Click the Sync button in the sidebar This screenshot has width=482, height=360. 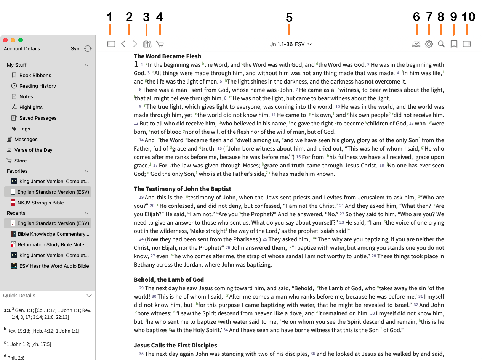tap(81, 48)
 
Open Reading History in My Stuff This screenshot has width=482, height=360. tap(37, 86)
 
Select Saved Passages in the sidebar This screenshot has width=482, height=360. tap(38, 118)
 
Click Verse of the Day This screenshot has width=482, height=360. tap(33, 150)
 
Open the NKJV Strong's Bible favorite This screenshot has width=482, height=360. tap(40, 202)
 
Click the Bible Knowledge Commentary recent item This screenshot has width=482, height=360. tap(53, 234)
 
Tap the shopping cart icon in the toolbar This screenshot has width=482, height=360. tap(160, 44)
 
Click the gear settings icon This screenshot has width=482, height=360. tap(429, 44)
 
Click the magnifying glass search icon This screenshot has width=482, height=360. tap(441, 44)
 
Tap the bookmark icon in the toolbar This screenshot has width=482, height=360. tap(454, 44)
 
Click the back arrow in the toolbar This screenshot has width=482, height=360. tap(123, 44)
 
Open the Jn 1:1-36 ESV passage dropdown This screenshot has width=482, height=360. tap(291, 44)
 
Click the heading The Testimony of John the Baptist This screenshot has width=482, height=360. tap(183, 189)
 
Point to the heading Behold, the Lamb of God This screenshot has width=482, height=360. tap(169, 280)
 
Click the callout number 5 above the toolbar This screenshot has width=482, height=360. tap(289, 17)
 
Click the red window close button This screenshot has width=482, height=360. tap(5, 40)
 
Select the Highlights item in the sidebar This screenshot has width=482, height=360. tap(31, 107)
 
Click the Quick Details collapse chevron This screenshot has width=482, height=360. tap(89, 296)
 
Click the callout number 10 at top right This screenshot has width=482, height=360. tap(468, 17)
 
